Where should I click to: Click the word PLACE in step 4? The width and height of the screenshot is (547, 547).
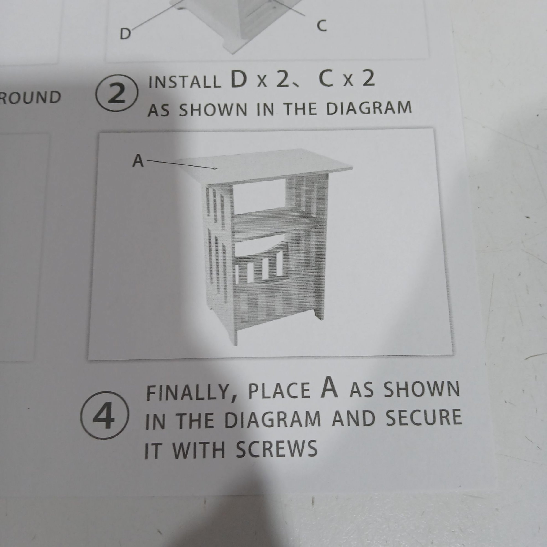279,391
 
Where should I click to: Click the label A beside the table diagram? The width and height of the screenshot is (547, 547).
138,161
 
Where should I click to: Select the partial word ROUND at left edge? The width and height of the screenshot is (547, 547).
31,97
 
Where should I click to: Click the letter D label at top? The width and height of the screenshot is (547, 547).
125,34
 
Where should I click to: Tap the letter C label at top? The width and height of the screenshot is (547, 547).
322,26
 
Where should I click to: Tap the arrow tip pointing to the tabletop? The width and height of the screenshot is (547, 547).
217,169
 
